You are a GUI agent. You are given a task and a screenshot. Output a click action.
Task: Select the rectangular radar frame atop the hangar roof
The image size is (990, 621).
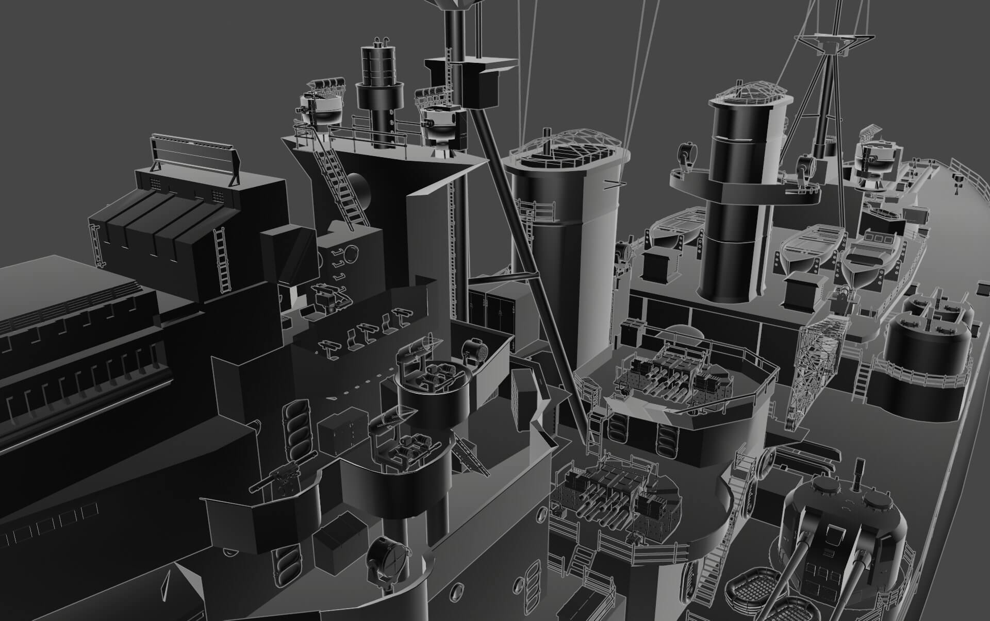tap(196, 157)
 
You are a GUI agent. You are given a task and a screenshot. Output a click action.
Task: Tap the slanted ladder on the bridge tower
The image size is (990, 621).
tap(338, 180)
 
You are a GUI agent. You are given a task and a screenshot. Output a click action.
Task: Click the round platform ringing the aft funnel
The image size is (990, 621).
tap(742, 186)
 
